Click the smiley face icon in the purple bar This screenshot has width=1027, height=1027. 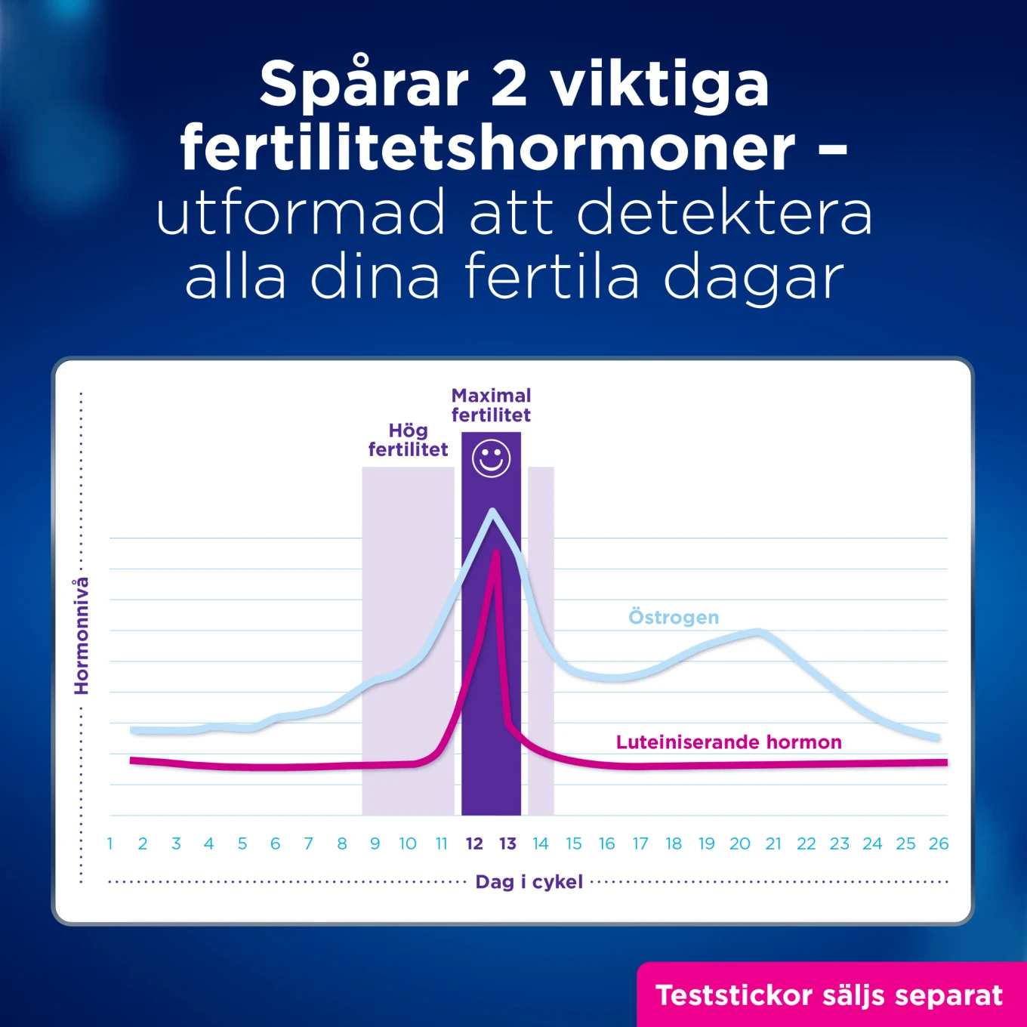[x=491, y=458]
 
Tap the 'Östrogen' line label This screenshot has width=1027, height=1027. [x=674, y=617]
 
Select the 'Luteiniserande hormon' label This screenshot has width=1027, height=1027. [x=729, y=742]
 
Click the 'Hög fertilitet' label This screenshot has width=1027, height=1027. [x=408, y=439]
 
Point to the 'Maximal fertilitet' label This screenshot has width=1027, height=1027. [x=491, y=405]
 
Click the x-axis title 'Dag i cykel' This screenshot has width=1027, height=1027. [x=529, y=881]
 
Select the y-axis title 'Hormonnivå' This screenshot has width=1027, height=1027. [x=81, y=636]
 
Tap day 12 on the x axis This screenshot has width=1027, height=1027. [x=474, y=843]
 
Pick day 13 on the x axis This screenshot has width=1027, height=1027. [x=507, y=843]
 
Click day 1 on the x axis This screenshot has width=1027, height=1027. [x=109, y=843]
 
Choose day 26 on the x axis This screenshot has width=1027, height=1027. [x=939, y=843]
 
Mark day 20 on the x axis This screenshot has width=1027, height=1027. [x=739, y=843]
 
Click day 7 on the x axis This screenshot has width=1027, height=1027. [x=308, y=843]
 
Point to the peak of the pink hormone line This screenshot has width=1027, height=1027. [x=496, y=552]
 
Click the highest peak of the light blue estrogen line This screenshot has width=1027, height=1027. [x=492, y=511]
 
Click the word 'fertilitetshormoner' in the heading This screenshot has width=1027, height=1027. [x=487, y=147]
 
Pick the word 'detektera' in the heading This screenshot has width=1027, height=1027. [x=725, y=212]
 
